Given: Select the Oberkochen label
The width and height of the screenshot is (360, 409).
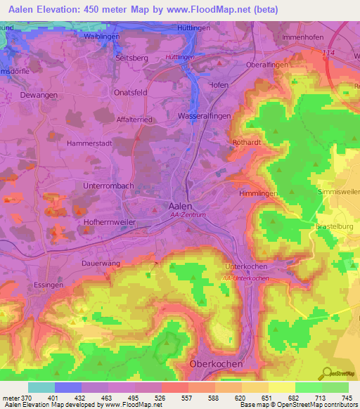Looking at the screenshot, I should coord(217,364).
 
